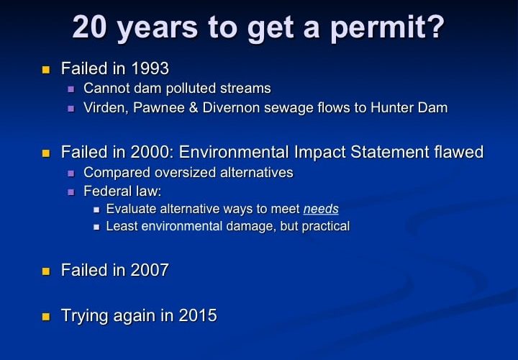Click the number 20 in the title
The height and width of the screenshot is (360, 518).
pyautogui.click(x=89, y=27)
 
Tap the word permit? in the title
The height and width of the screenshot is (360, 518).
pyautogui.click(x=387, y=29)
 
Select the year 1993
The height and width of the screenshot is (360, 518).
pyautogui.click(x=150, y=68)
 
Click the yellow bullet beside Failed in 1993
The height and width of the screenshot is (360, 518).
pyautogui.click(x=46, y=70)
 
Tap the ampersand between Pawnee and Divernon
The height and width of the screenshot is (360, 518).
pyautogui.click(x=194, y=108)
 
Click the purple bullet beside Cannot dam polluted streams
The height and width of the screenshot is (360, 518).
pyautogui.click(x=71, y=89)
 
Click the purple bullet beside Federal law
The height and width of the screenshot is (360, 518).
pyautogui.click(x=71, y=192)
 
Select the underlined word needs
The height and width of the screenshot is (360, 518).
pyautogui.click(x=321, y=209)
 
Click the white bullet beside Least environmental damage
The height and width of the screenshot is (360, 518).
pyautogui.click(x=96, y=227)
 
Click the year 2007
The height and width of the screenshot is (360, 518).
pyautogui.click(x=150, y=270)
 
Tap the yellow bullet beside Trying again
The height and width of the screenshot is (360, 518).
pyautogui.click(x=46, y=317)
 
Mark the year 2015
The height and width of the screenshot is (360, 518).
pyautogui.click(x=198, y=315)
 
